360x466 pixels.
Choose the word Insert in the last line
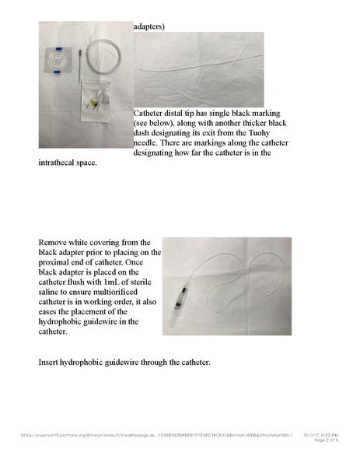tap(51, 363)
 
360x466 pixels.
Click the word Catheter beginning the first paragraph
tap(153, 112)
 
